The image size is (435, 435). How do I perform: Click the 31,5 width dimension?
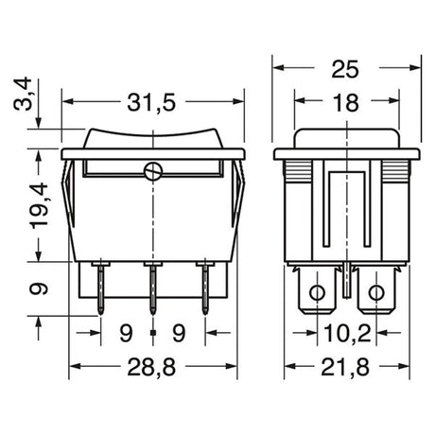[x=151, y=103]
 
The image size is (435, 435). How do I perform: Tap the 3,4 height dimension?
[x=23, y=94]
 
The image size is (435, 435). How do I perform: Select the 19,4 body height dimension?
[x=39, y=205]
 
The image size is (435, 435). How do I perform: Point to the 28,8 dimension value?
[x=151, y=368]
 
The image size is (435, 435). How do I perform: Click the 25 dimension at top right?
[x=345, y=69]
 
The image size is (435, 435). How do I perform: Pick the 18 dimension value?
[x=346, y=103]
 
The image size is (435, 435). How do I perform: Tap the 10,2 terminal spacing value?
[x=347, y=334]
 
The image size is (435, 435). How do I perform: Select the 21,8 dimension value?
[x=345, y=368]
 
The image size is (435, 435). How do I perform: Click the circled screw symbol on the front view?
[x=153, y=172]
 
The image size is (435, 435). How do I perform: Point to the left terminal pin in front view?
[x=100, y=288]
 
